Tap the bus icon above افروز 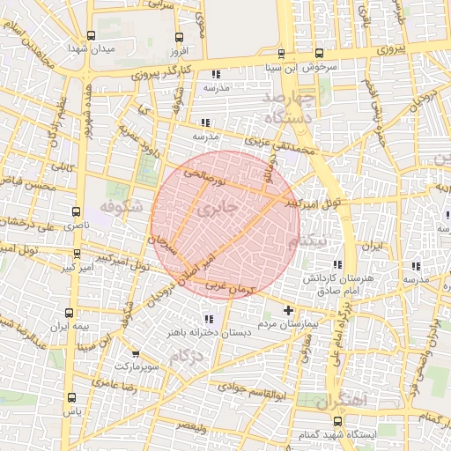tap(179, 37)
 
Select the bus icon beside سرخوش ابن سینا tap(281, 53)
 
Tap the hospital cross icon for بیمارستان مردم tap(289, 311)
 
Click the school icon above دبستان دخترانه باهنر tap(208, 319)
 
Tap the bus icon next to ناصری tap(76, 212)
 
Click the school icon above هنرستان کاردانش tap(336, 264)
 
